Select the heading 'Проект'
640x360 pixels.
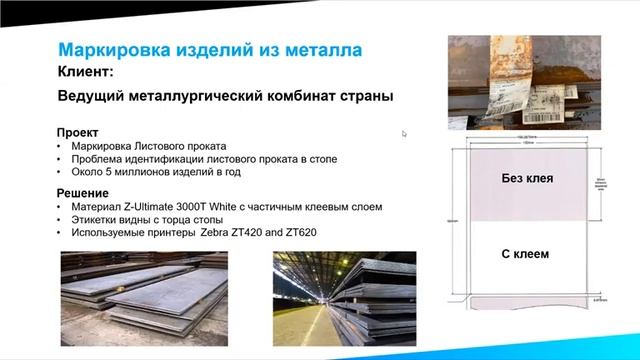coord(77,132)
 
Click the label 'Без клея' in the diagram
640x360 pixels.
coord(527,180)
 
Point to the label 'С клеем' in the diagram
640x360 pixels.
coord(526,254)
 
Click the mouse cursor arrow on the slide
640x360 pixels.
coord(404,134)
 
